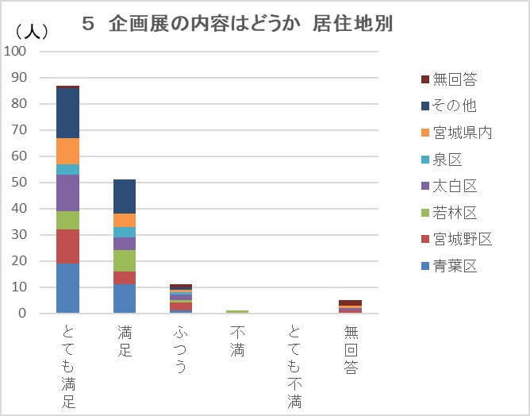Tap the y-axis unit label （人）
tap(33, 32)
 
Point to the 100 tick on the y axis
tap(16, 51)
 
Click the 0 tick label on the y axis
tap(22, 314)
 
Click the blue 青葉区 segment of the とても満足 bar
tap(67, 288)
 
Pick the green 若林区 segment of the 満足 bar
tap(124, 260)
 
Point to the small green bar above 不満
tap(236, 312)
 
